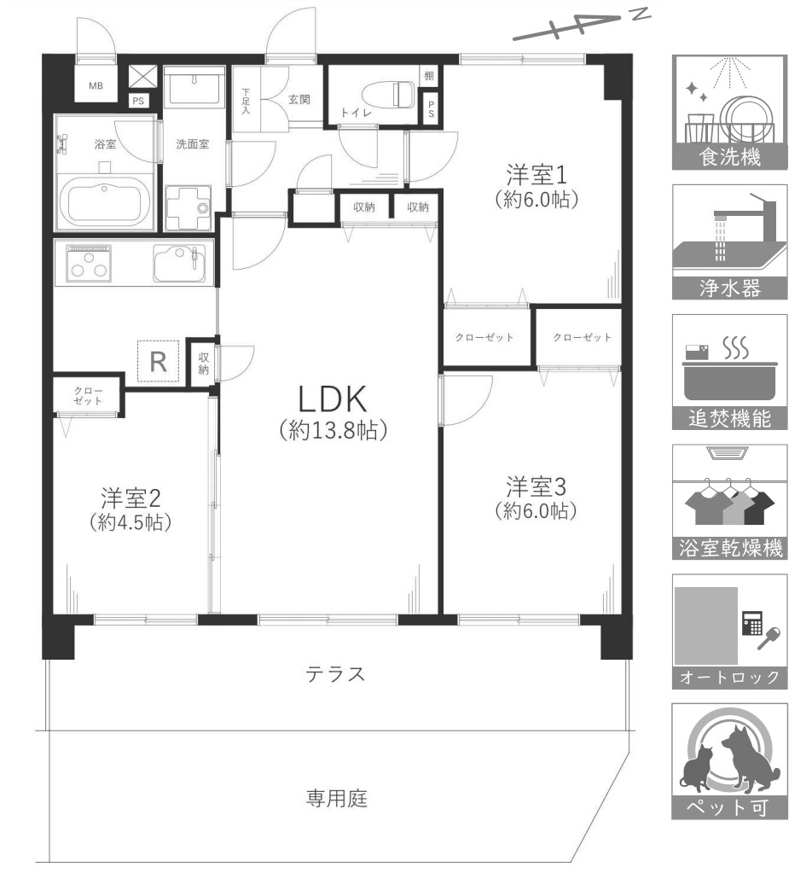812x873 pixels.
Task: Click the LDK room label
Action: pos(333,399)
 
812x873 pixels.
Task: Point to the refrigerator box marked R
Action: pos(159,360)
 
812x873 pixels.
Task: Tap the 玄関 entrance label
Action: pos(299,99)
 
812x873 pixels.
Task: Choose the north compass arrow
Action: pos(580,27)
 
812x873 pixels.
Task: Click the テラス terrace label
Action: pos(336,675)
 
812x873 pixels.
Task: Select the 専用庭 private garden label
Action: pos(336,800)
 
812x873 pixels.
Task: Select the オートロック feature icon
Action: pos(729,623)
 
